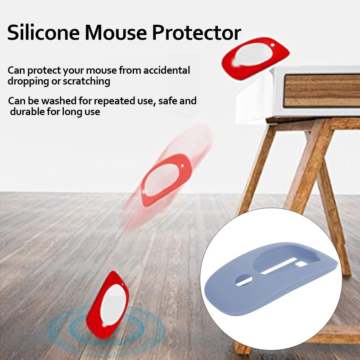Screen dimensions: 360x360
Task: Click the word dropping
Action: pyautogui.click(x=28, y=81)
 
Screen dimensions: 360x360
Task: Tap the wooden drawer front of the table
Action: pyautogui.click(x=322, y=90)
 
